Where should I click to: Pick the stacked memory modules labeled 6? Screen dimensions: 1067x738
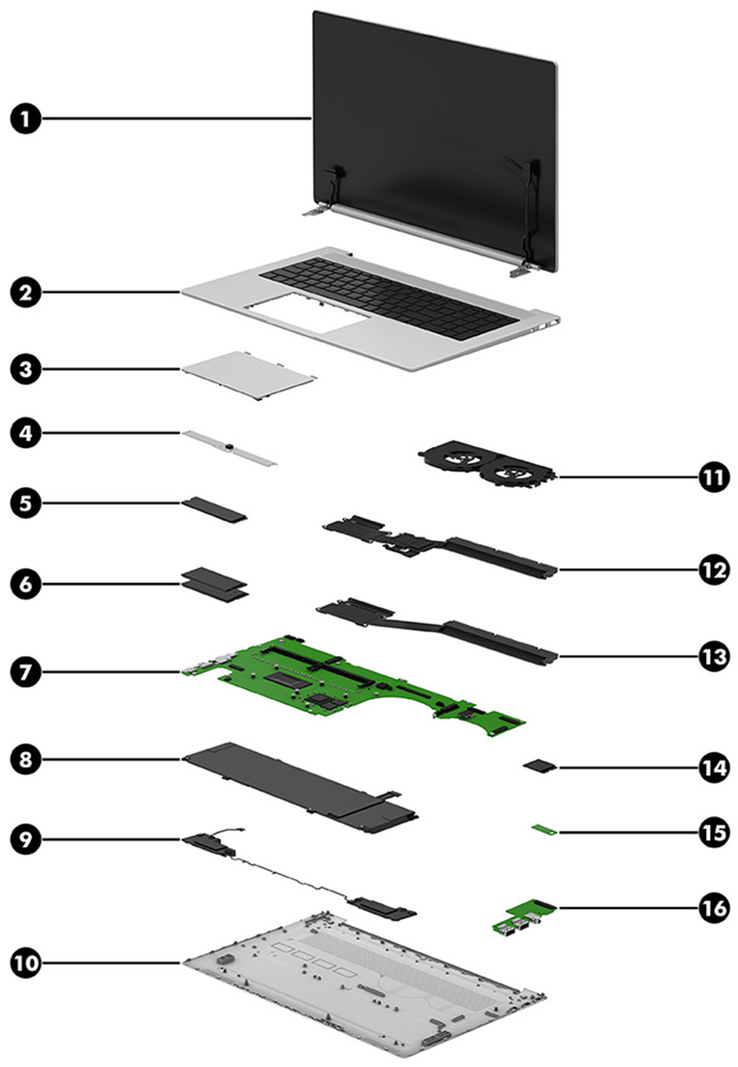coord(215,583)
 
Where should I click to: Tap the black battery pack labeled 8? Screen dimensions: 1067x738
coord(294,778)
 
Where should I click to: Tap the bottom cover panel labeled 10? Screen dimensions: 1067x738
coord(368,993)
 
